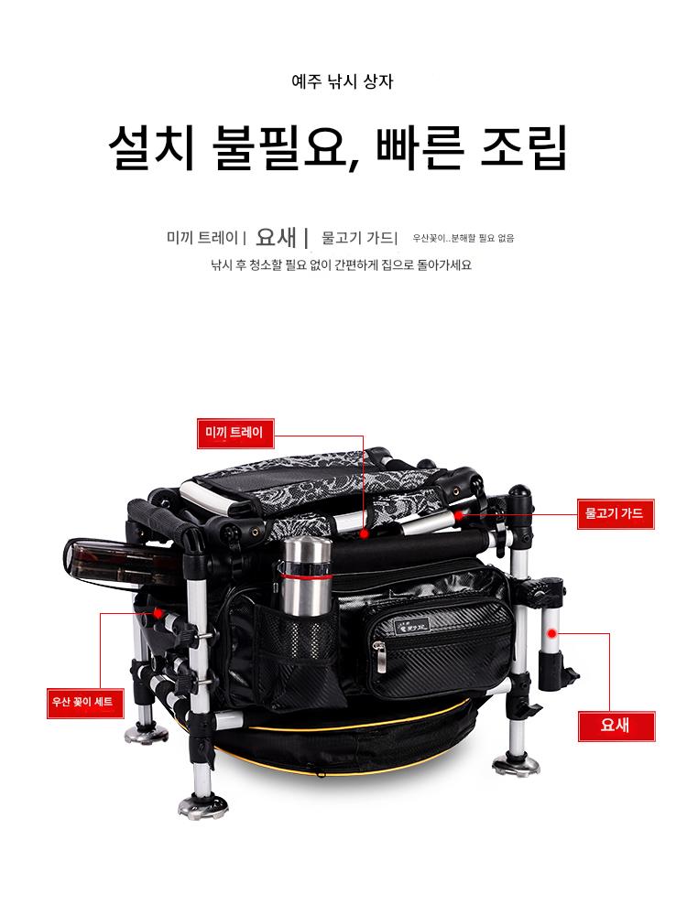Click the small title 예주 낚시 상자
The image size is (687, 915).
pos(343,81)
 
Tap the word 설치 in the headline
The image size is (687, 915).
pos(151,147)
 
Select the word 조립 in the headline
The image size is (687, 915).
pos(524,147)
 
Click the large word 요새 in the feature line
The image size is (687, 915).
pos(277,237)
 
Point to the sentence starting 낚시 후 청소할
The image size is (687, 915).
pos(341,265)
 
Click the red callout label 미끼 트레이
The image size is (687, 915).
pos(234,433)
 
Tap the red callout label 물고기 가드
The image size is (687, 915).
pos(616,514)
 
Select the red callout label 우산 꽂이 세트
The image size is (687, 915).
pos(84,703)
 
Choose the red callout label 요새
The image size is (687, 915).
pos(616,726)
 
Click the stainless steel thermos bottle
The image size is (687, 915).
pos(304,576)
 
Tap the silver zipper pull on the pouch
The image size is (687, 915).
pos(380,656)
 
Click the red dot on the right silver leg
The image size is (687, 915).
pos(551,633)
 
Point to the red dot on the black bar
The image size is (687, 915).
pos(364,533)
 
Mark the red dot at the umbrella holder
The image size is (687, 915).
pos(158,613)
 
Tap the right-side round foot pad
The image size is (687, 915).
pos(516,764)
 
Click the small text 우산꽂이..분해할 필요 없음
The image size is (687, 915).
pos(463,238)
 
